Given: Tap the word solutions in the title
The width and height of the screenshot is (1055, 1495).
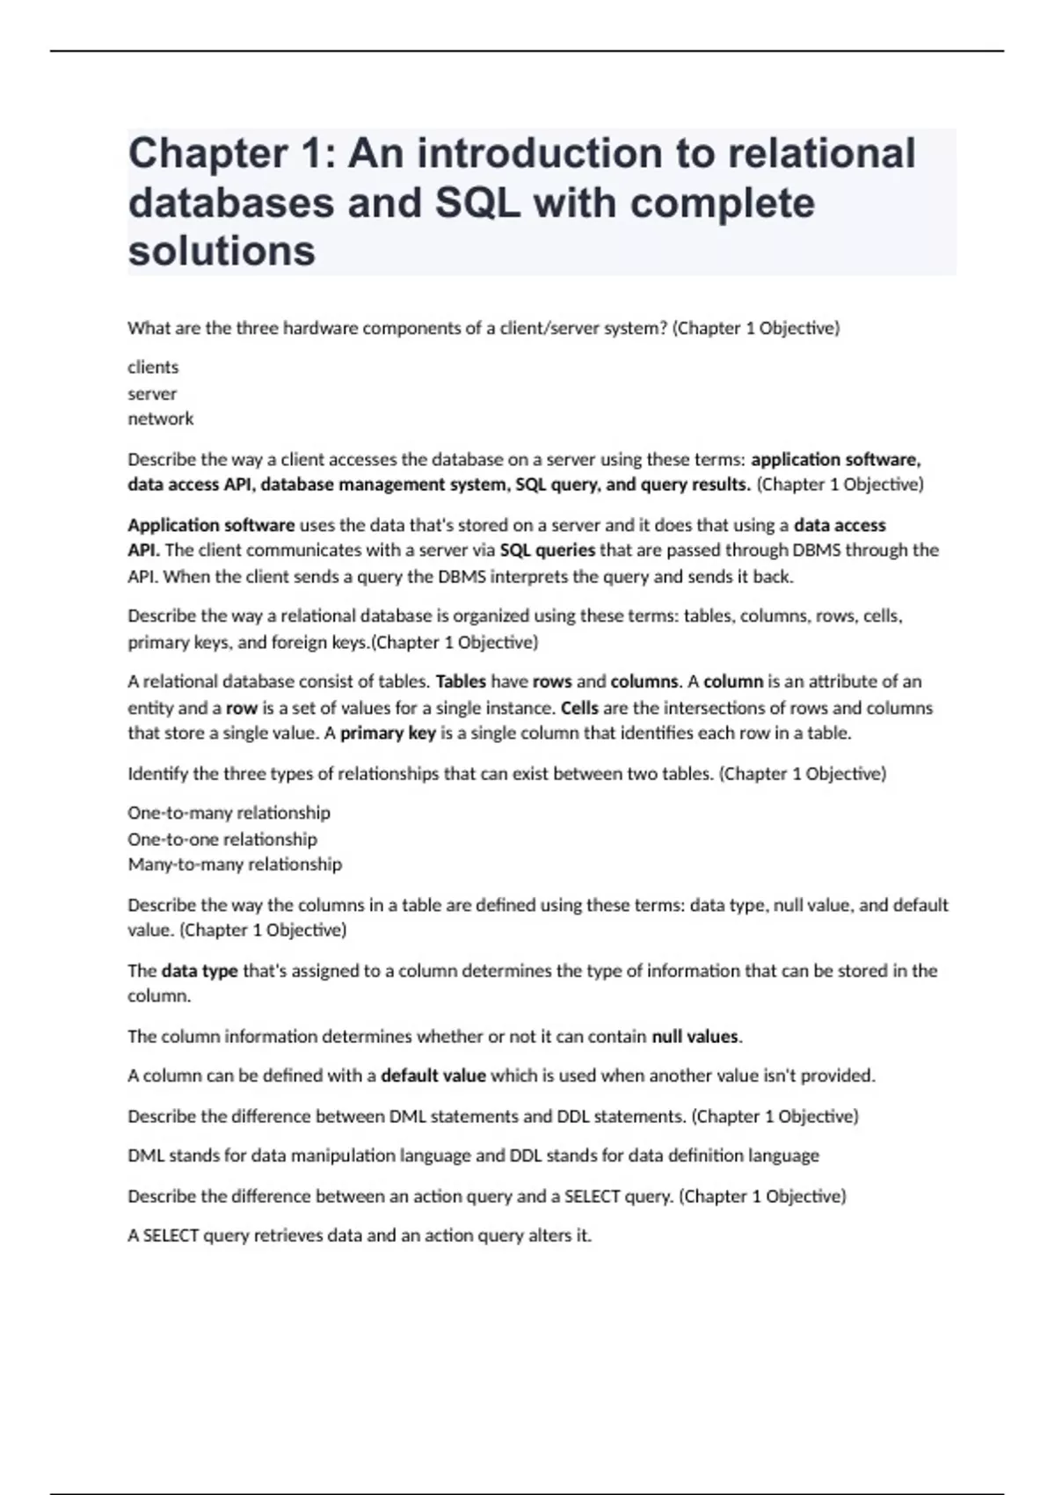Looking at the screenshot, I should [222, 252].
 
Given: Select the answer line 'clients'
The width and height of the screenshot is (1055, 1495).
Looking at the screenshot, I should [153, 368].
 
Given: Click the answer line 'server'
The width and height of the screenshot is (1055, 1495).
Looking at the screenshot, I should [152, 394].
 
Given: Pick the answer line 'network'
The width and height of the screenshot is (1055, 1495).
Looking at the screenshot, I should [161, 419].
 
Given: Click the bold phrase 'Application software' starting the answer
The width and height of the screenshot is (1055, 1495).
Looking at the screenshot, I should [211, 526].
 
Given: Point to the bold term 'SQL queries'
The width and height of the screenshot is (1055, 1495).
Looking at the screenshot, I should [547, 551].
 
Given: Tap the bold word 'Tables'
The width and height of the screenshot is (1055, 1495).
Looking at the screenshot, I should [461, 682].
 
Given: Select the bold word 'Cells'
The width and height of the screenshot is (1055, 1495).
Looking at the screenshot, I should [579, 708].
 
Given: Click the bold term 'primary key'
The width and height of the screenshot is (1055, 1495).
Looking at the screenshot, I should [388, 733].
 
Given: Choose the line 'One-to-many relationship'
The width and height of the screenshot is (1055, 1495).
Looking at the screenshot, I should [229, 813].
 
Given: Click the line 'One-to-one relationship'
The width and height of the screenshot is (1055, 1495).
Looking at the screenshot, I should [222, 840].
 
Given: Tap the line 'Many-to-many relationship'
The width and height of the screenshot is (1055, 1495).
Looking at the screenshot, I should [235, 865].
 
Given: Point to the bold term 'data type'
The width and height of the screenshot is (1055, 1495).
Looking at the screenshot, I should [200, 972].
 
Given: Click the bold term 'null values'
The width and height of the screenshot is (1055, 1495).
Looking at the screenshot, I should [695, 1037].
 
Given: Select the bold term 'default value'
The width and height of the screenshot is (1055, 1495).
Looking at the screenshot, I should [433, 1076].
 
